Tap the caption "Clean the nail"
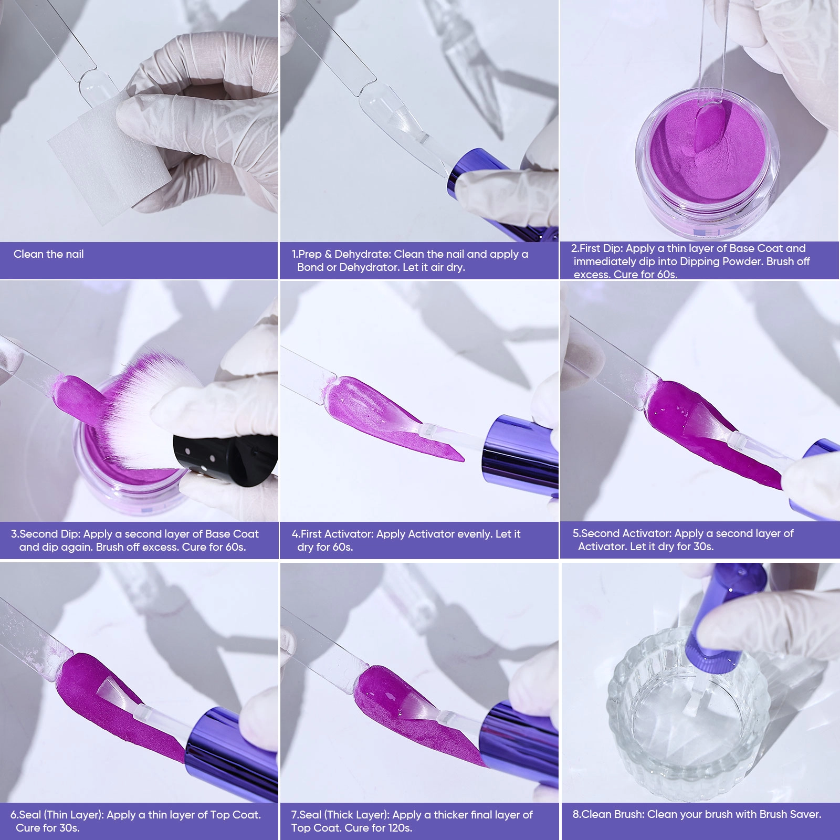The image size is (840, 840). coord(49,254)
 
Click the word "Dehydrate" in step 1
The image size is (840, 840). coord(363,254)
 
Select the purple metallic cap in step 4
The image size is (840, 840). coord(520,457)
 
